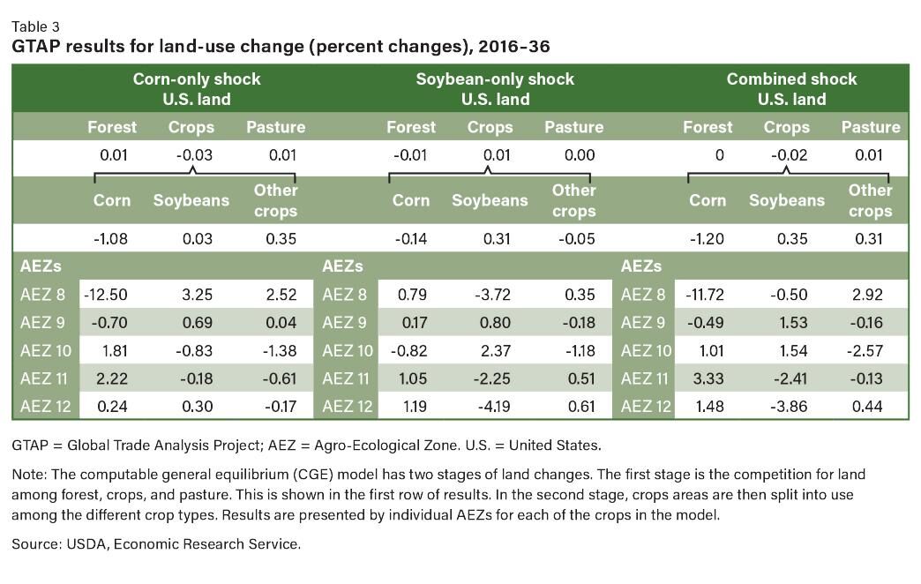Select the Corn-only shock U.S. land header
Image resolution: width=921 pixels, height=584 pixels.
196,89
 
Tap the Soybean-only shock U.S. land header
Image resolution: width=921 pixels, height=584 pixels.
495,89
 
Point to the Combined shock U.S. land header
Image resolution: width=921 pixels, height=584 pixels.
791,89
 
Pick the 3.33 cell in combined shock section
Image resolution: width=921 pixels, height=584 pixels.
703,378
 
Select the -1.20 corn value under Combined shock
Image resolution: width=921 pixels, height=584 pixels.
708,239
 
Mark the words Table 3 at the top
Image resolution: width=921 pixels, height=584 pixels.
36,26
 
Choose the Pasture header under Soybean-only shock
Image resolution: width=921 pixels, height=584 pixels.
573,127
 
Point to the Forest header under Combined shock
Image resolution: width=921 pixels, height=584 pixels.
708,127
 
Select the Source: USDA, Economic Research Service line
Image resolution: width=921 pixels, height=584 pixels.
156,544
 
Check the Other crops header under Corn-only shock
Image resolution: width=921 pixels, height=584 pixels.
275,200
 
